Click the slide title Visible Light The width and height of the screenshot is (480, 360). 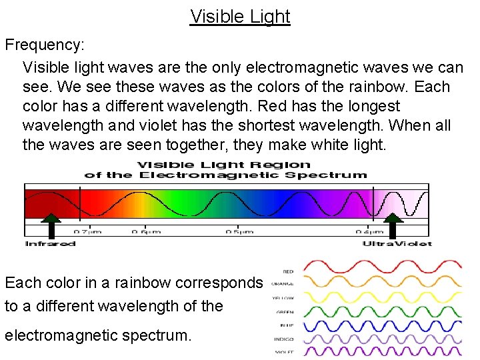coord(240,16)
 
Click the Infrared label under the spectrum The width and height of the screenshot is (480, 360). coord(51,243)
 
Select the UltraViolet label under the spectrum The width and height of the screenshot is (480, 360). coord(397,243)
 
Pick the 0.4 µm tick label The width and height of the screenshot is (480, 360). coord(369,232)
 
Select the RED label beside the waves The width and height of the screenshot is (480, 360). coord(288,272)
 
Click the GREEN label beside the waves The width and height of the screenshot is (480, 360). coord(285,311)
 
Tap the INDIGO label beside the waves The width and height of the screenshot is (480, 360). coord(284,339)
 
